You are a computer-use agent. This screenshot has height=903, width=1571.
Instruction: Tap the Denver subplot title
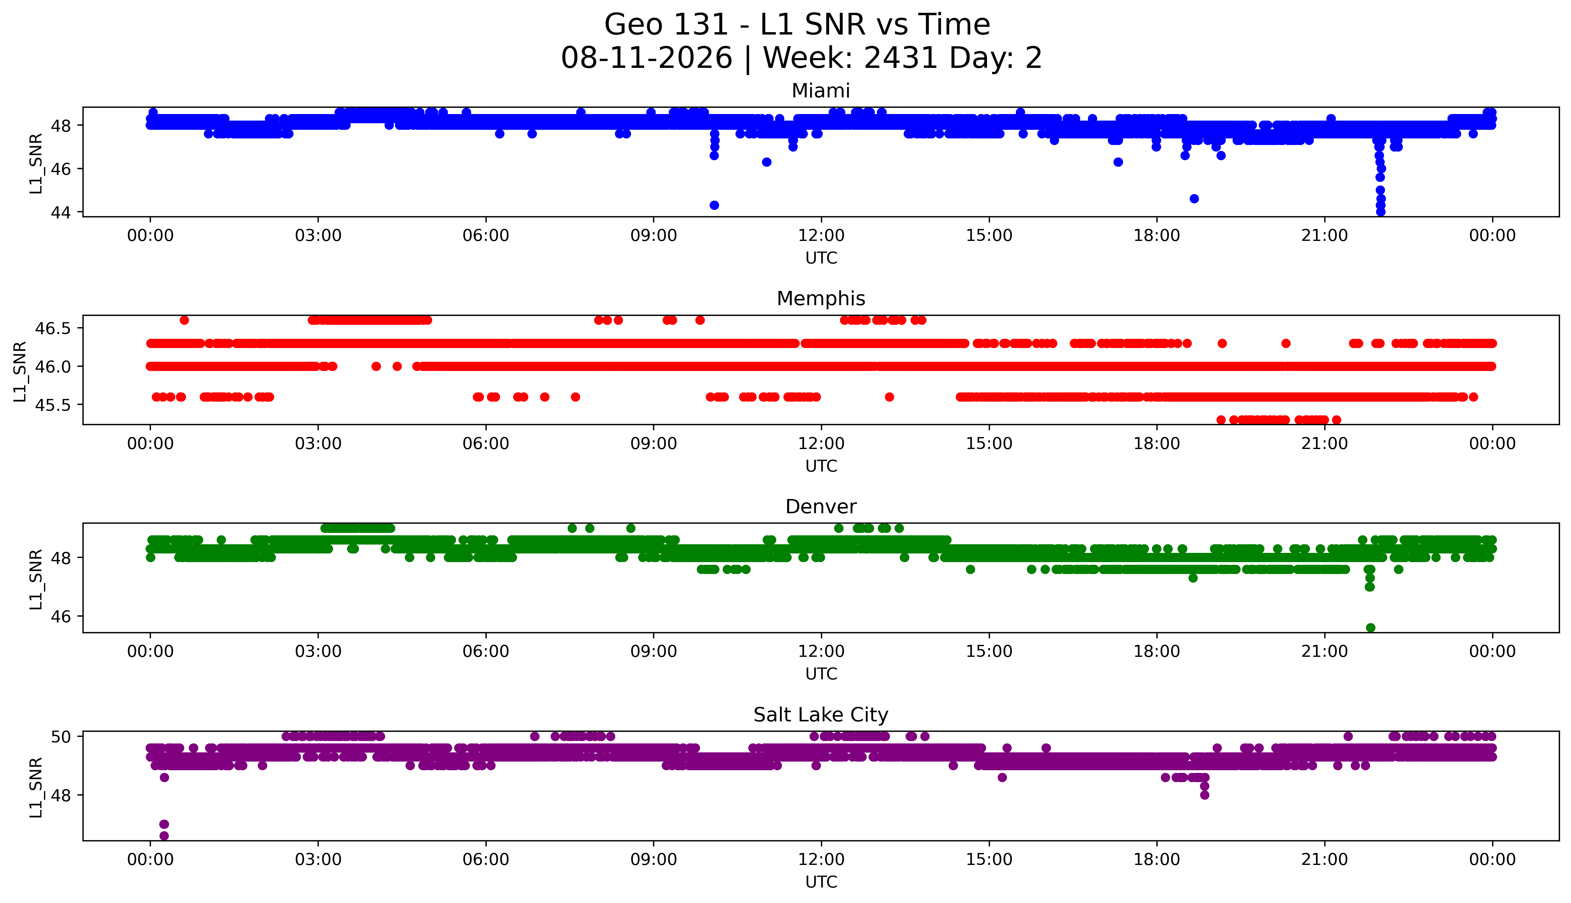(821, 507)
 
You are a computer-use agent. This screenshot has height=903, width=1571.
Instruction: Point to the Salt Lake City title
(821, 715)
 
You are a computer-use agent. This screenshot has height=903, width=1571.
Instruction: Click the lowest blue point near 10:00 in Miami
(714, 205)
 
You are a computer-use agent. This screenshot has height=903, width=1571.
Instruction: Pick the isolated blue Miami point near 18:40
(1194, 199)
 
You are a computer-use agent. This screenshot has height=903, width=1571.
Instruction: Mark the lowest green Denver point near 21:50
(1371, 628)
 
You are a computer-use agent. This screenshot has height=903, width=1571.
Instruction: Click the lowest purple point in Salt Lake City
(164, 835)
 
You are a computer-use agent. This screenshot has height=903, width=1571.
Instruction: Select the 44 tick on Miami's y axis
(64, 212)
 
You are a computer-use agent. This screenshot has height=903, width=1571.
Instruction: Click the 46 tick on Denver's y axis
(64, 617)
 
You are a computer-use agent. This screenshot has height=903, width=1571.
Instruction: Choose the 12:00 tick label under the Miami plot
(822, 236)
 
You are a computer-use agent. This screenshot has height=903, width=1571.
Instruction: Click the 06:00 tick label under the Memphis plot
(486, 443)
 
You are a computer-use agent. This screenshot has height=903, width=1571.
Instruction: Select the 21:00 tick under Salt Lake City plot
(1325, 860)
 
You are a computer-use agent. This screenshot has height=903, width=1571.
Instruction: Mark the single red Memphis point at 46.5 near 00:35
(184, 320)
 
